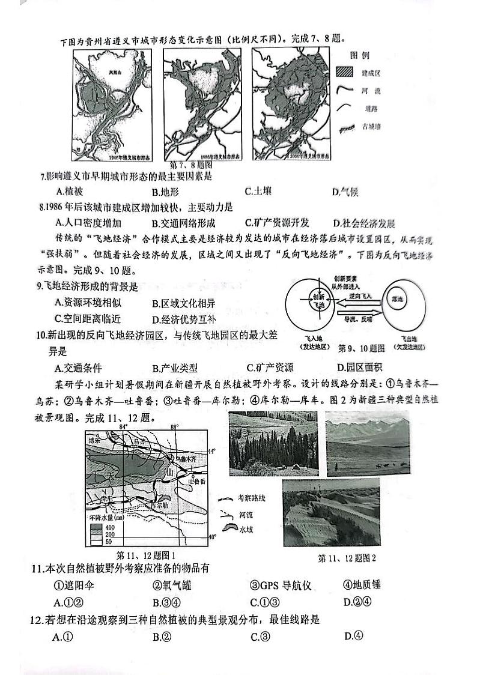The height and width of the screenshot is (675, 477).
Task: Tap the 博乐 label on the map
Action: (93, 440)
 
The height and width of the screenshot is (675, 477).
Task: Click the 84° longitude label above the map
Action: (124, 427)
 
